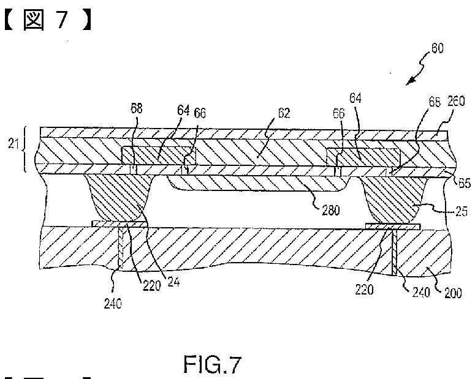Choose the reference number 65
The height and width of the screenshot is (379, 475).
[464, 181]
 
